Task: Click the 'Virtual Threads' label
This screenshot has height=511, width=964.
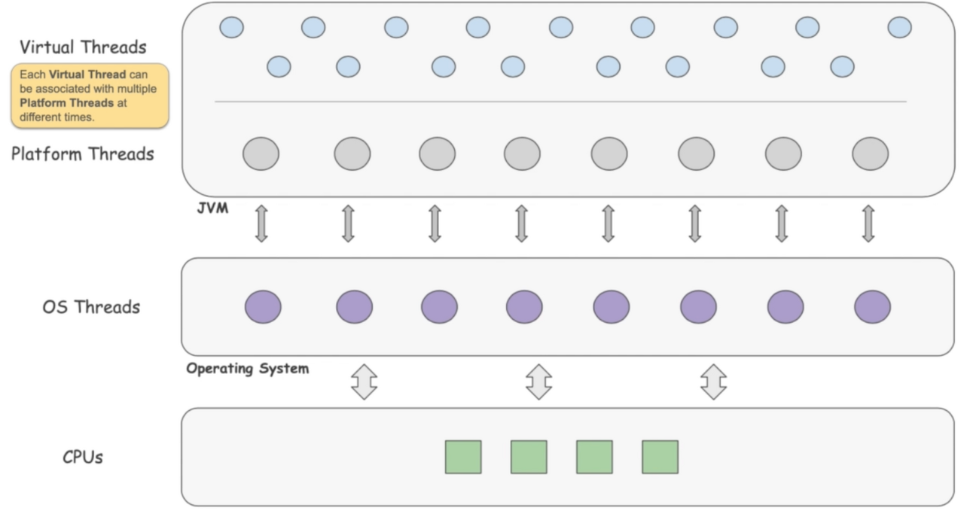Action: point(83,47)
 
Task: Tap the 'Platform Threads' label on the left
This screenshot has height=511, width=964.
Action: point(83,154)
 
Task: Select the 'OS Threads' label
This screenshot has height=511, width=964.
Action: point(91,307)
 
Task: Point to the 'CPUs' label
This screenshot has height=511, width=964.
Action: point(83,457)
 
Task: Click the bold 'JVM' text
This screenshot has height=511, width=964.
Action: point(212,208)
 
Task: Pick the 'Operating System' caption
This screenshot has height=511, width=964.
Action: point(248,369)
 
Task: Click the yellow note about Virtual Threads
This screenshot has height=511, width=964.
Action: point(89,96)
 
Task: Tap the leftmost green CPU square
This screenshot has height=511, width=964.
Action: point(463,457)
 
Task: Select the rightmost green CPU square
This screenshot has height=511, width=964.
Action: point(660,457)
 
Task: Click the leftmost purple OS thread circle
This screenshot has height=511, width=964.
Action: point(263,307)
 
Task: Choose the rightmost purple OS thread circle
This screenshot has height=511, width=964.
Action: point(872,307)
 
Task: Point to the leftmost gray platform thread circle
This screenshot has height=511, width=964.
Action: point(261,154)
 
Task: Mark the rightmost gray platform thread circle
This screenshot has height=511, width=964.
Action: point(871,154)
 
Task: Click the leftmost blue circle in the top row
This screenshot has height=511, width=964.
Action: point(232,28)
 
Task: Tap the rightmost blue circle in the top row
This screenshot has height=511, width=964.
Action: point(899,28)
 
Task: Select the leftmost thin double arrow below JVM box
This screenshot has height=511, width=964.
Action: point(261,224)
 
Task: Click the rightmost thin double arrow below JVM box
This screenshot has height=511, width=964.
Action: point(868,224)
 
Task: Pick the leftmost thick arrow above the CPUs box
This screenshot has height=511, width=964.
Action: point(365,382)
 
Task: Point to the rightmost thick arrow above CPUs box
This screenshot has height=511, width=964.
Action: point(713,382)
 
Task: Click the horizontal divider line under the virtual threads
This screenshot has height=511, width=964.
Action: point(560,101)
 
